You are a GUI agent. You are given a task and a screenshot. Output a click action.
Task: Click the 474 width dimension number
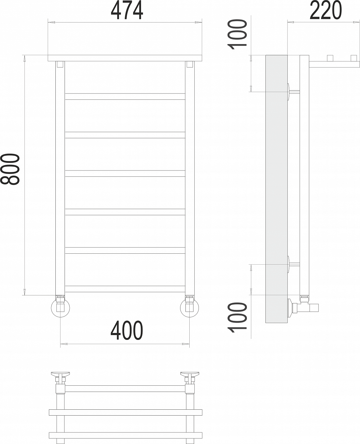point(127,10)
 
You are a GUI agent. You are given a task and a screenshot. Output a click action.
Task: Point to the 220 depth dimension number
point(326,10)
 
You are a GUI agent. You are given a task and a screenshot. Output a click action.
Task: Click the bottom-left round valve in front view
point(60,308)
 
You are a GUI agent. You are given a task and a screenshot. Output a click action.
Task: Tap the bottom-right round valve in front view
point(190,308)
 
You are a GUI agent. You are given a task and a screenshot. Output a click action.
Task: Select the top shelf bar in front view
point(125,58)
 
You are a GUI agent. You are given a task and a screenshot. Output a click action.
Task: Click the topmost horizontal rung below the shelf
point(125,96)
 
